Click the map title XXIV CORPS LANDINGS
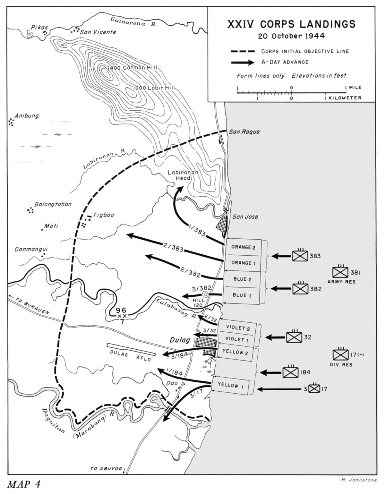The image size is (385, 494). tap(291, 24)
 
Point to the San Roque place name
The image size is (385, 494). tap(244, 132)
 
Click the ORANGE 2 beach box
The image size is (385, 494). tap(243, 247)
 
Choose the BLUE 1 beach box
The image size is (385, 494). tap(242, 295)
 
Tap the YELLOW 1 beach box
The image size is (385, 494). tap(230, 385)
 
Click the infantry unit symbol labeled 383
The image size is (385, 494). tap(300, 256)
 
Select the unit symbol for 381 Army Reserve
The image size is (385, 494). tap(340, 272)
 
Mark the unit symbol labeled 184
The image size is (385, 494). tap(290, 372)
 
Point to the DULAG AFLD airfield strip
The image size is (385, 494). tap(131, 349)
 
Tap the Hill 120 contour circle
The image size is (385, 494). tap(205, 294)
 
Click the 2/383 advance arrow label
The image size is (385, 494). tap(173, 247)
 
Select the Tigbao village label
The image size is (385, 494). tap(103, 215)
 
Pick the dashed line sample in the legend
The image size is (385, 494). tap(243, 51)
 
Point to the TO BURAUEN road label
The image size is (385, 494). tap(32, 306)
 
